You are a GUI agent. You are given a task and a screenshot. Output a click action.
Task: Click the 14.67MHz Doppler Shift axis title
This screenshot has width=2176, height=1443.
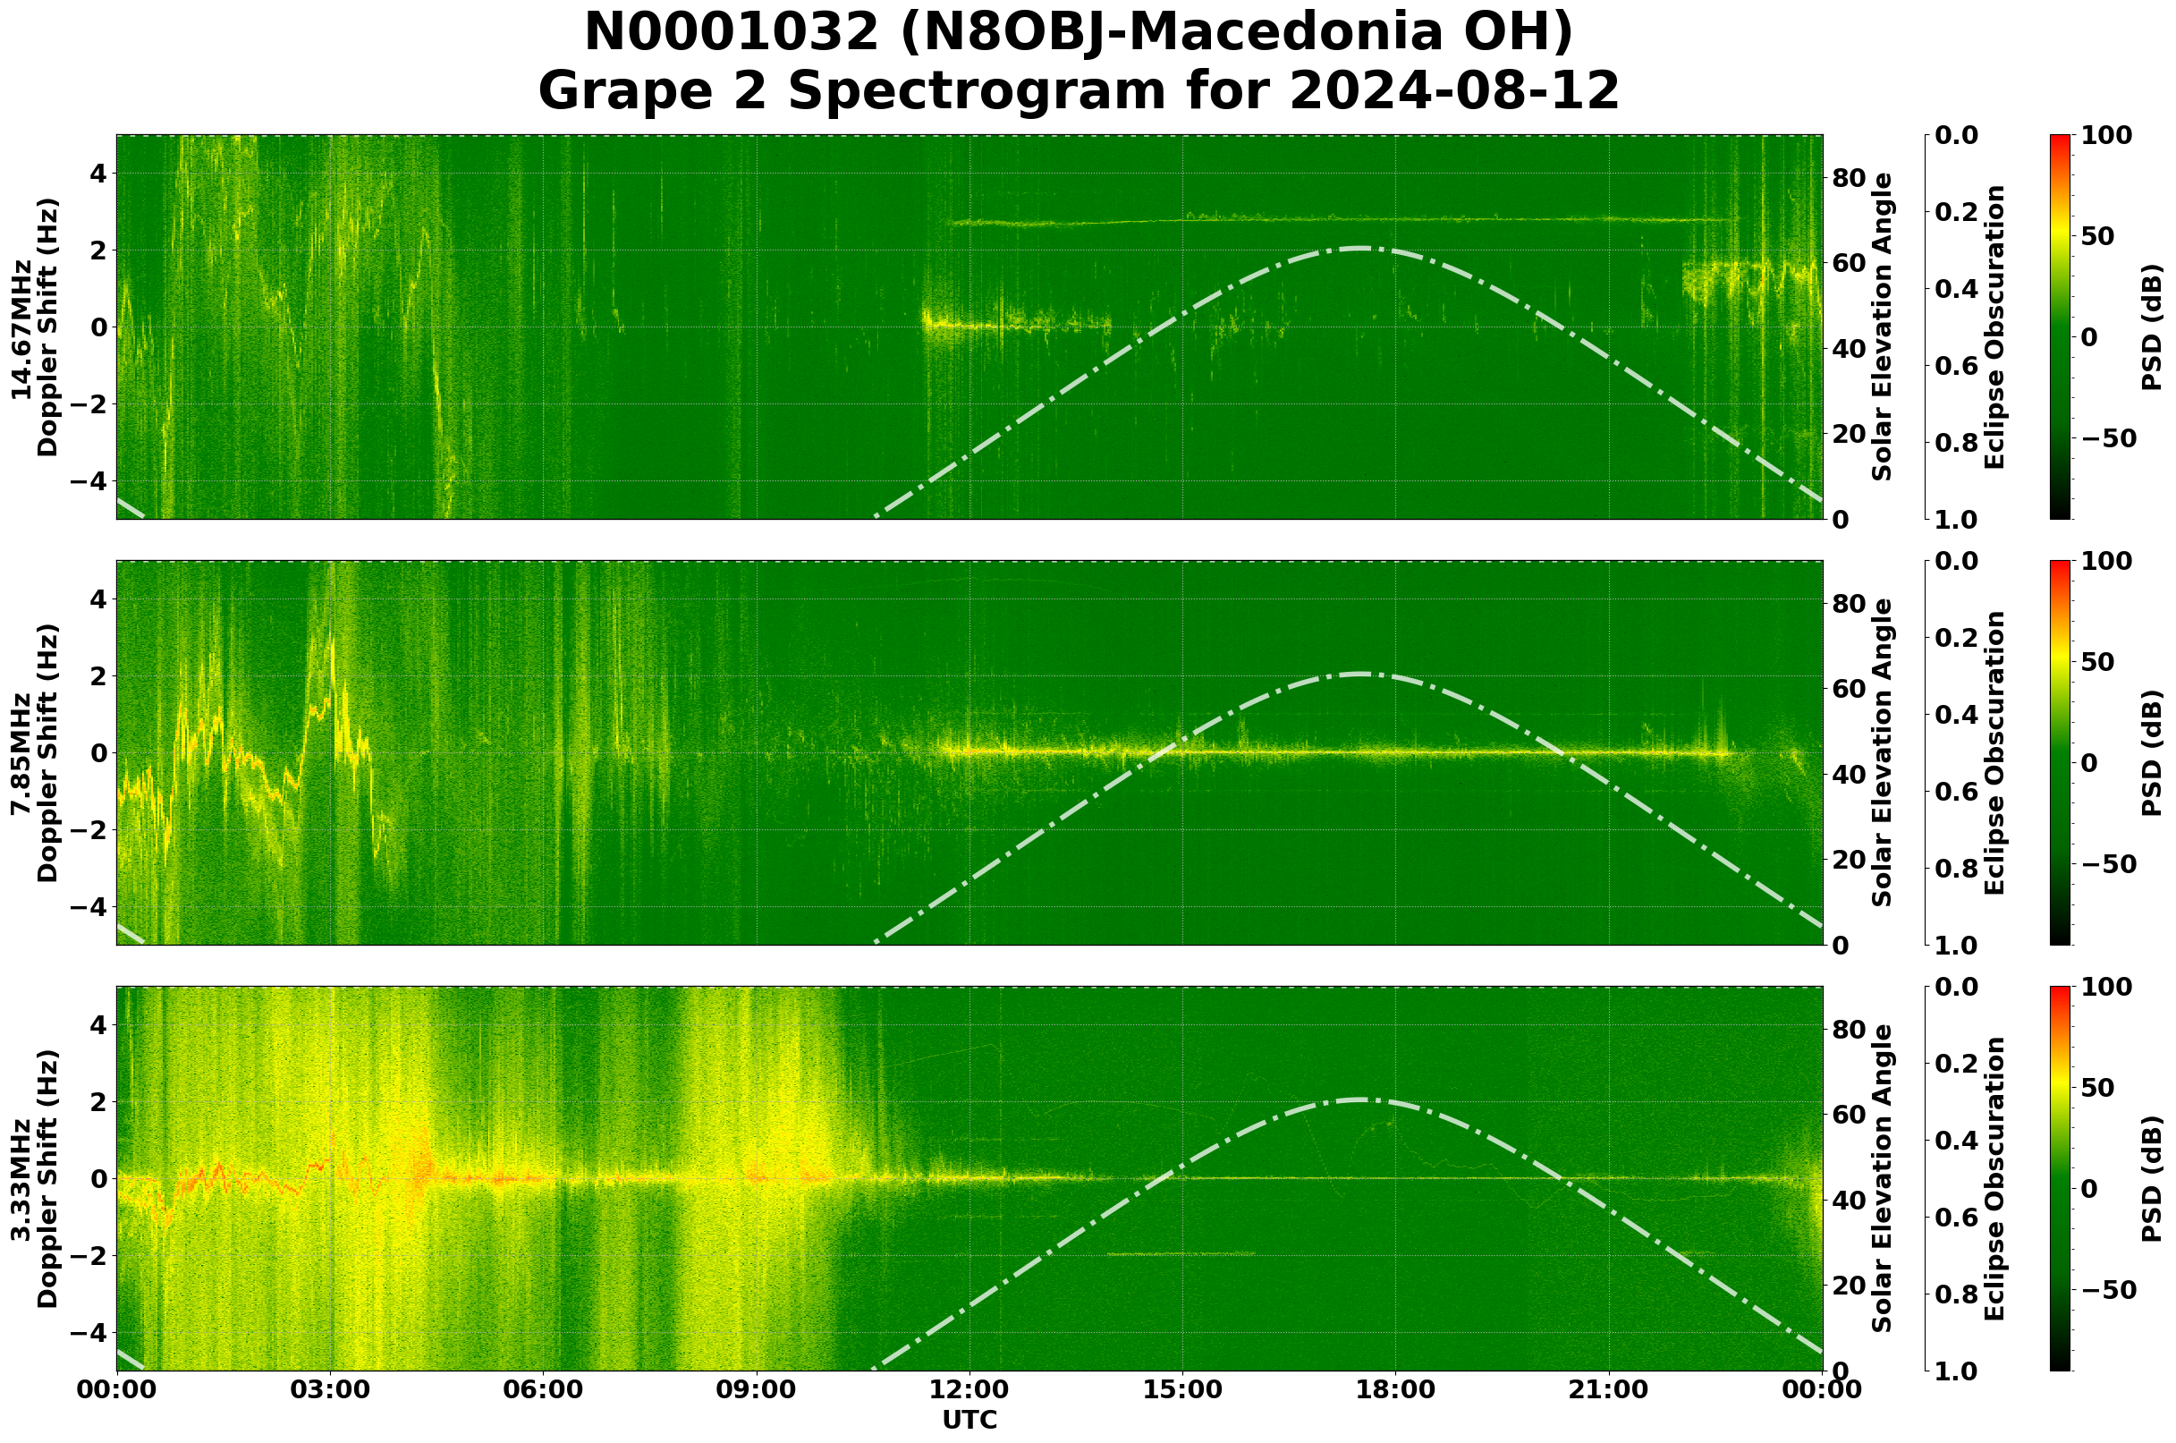click(34, 327)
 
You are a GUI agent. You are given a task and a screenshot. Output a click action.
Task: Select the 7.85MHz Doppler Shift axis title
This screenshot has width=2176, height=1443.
click(34, 752)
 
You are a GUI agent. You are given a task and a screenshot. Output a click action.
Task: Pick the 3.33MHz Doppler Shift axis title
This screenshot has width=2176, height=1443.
click(34, 1179)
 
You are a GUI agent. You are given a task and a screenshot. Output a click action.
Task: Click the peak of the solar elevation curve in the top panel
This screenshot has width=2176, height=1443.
click(1359, 248)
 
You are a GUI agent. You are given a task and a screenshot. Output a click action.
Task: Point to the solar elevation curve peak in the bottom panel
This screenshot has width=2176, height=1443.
click(1359, 1099)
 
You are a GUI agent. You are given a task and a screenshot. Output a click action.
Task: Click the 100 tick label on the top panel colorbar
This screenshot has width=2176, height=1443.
click(2106, 136)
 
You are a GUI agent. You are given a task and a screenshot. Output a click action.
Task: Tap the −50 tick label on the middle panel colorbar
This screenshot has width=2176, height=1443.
click(2106, 864)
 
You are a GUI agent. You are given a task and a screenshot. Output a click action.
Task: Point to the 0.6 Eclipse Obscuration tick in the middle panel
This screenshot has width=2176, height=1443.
click(1957, 793)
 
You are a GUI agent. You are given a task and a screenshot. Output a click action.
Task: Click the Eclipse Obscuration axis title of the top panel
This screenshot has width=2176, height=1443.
click(1994, 327)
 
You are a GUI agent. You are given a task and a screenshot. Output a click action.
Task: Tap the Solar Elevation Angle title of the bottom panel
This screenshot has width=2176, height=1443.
click(1883, 1179)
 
